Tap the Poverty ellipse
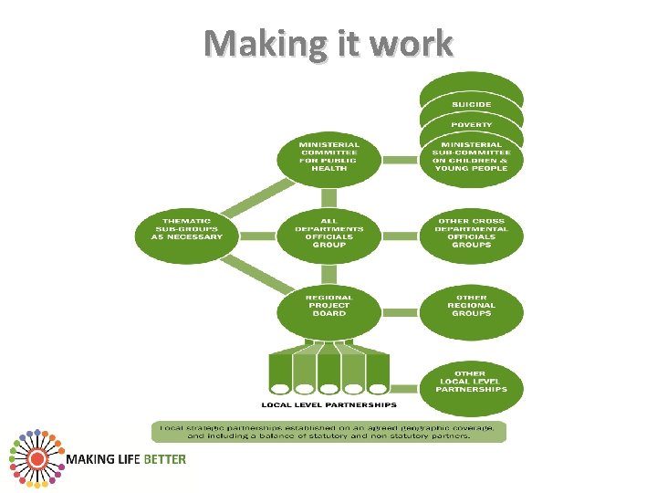click(x=471, y=124)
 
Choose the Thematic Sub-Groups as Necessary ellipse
click(x=180, y=228)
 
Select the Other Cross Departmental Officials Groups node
click(x=471, y=234)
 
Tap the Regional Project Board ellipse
click(x=328, y=307)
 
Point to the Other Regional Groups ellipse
click(x=471, y=306)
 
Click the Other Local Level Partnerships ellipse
click(x=471, y=382)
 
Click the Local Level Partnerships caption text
click(x=328, y=404)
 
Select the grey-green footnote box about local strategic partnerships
click(x=328, y=432)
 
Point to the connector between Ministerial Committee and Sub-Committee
click(x=400, y=160)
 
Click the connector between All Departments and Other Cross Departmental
click(x=400, y=236)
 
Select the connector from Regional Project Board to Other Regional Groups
click(x=400, y=307)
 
